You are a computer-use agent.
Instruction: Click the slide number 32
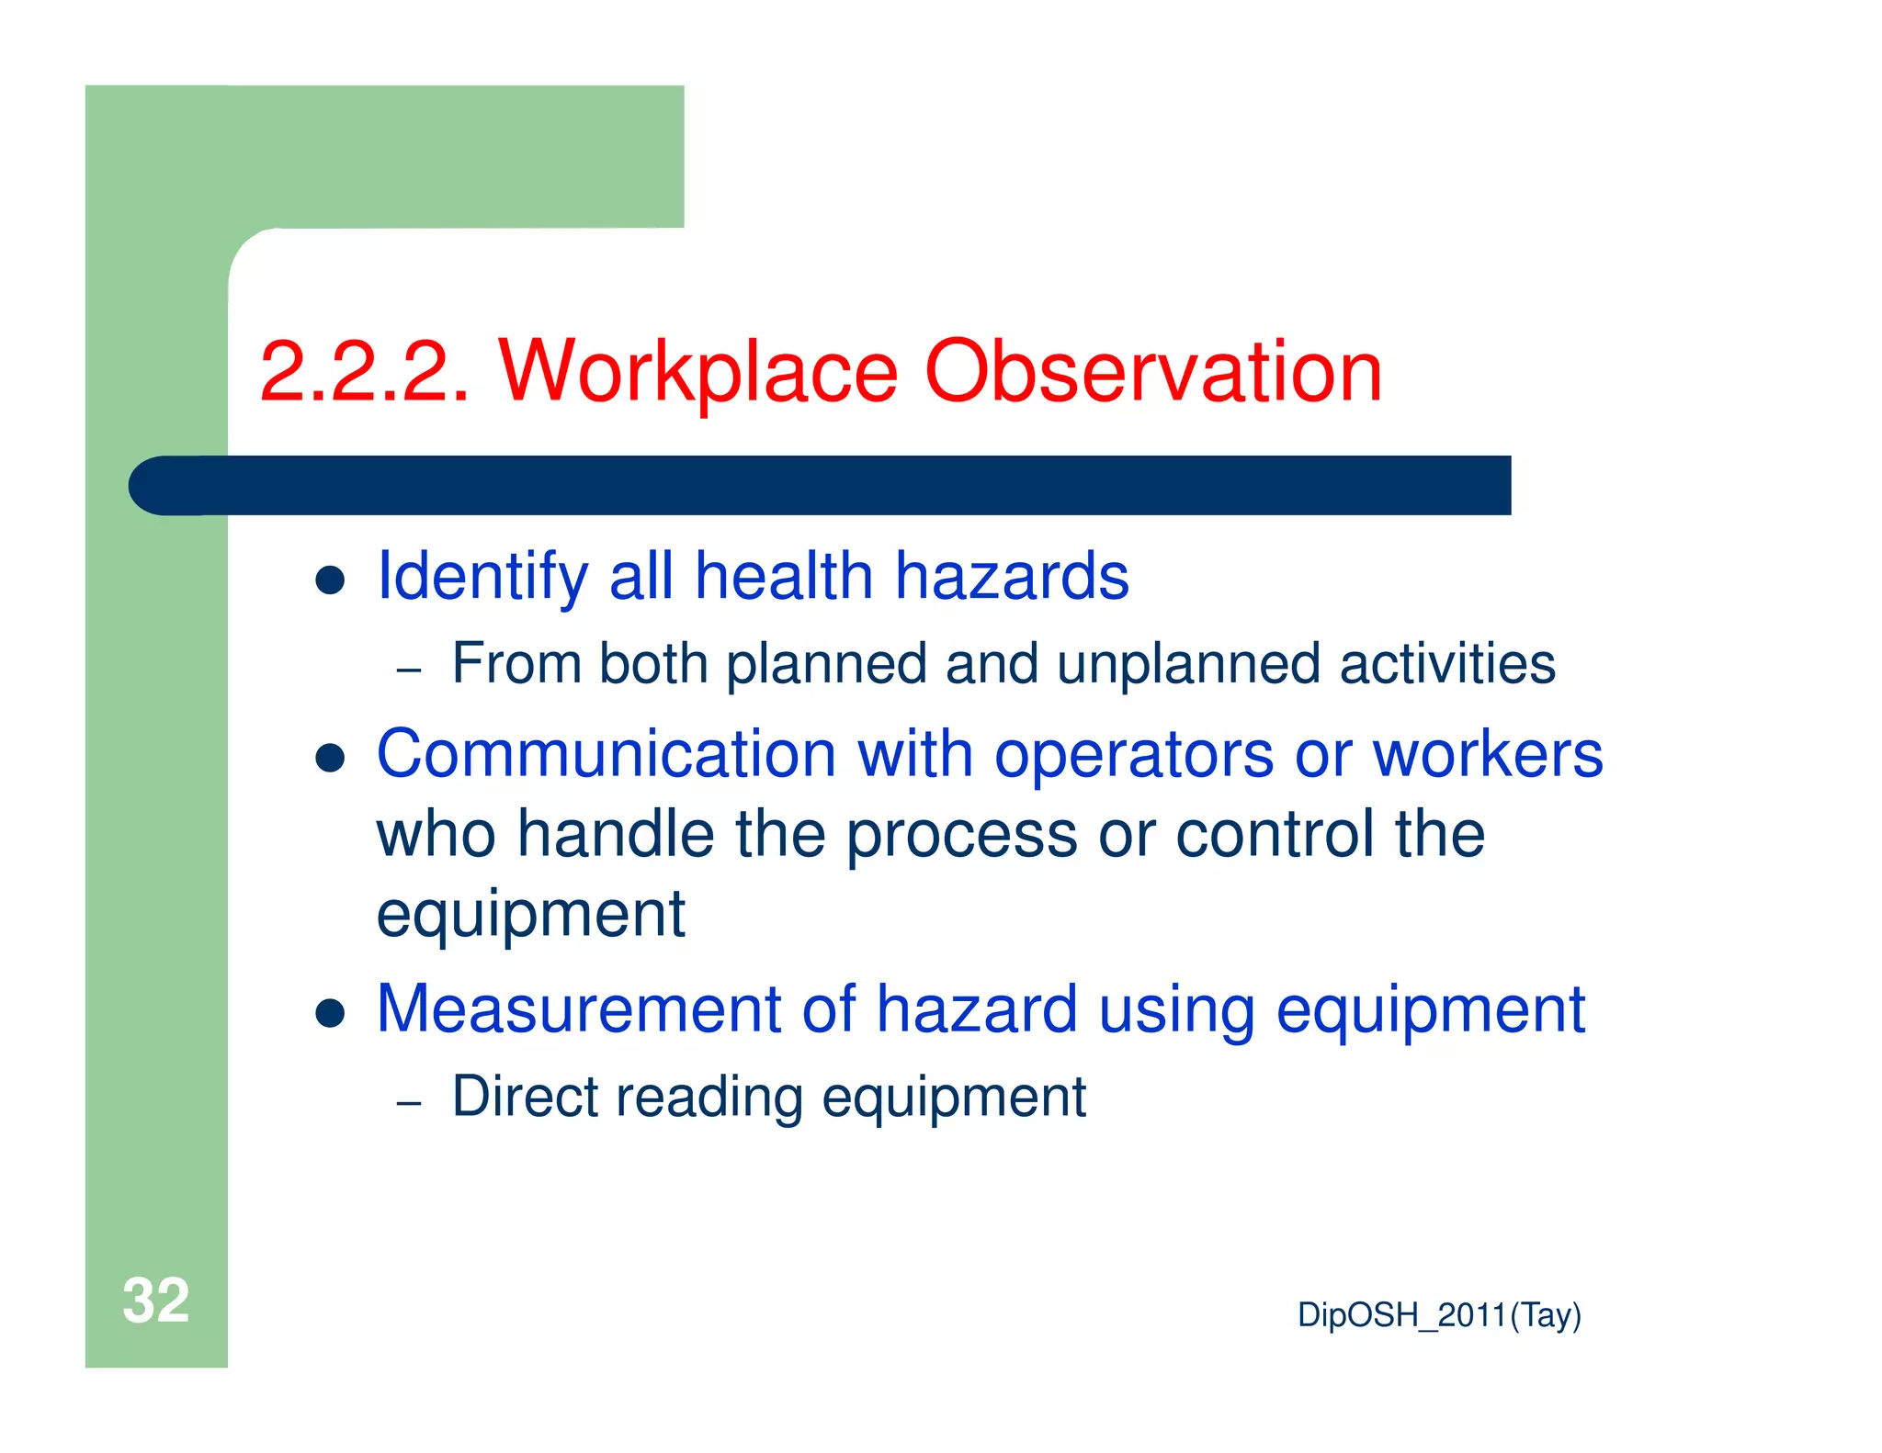[155, 1301]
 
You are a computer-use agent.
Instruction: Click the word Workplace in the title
[697, 372]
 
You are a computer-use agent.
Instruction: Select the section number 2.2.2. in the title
[364, 372]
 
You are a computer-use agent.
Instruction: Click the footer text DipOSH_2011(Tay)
[1438, 1315]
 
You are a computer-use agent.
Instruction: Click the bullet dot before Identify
[329, 580]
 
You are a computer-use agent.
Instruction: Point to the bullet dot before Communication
[329, 759]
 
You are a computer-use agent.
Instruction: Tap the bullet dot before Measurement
[329, 1013]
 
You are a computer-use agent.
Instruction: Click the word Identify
[482, 577]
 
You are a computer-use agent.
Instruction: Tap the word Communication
[606, 754]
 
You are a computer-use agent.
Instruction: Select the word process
[961, 836]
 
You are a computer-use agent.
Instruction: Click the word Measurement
[578, 1008]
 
